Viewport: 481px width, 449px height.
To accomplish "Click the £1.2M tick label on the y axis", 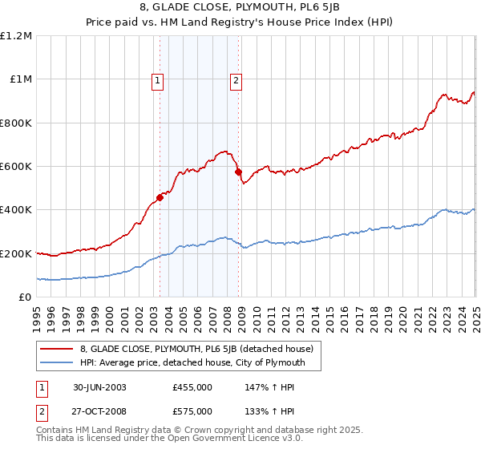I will tap(16, 36).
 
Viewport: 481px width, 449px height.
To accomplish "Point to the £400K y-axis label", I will tap(16, 210).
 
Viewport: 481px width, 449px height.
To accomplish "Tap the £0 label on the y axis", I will tap(24, 297).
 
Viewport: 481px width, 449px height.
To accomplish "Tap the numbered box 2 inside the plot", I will tap(236, 79).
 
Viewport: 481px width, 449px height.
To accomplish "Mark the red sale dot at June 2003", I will tap(160, 197).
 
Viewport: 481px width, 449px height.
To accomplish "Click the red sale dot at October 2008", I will tap(238, 172).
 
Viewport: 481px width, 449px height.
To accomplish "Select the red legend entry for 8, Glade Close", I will tap(200, 349).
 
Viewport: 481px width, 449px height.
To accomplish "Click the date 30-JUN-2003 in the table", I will tap(99, 386).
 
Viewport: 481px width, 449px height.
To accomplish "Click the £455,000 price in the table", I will tap(192, 386).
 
